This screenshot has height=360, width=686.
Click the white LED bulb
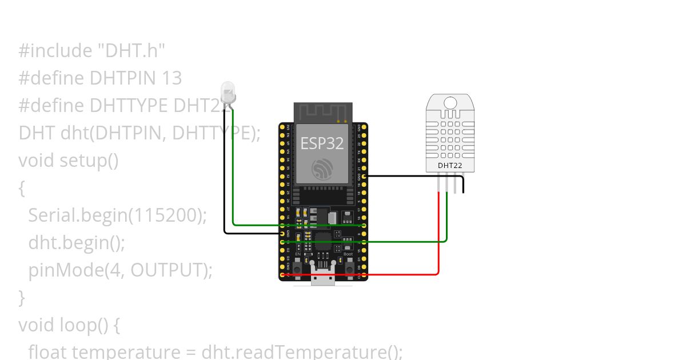[228, 91]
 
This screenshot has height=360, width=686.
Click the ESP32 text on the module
[322, 143]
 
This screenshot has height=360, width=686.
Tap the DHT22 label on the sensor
[450, 166]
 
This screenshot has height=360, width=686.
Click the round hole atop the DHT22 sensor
[450, 103]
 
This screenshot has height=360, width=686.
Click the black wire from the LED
[225, 171]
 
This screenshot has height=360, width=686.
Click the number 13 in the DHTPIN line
[171, 78]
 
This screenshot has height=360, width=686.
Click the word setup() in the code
[89, 160]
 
